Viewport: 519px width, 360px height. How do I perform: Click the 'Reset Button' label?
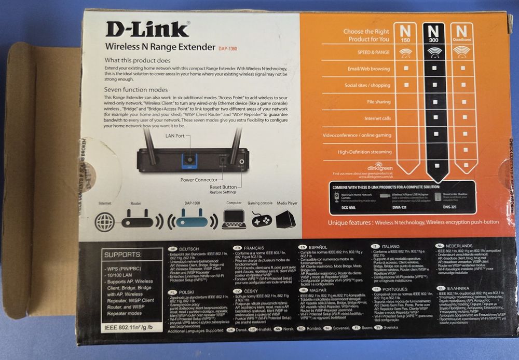[x=223, y=187]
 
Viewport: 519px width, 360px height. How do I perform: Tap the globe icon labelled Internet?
[x=104, y=220]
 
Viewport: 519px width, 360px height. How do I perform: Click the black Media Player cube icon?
[x=285, y=219]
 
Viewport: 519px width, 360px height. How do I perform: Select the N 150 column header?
[x=406, y=32]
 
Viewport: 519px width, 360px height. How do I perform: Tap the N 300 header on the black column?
[x=435, y=32]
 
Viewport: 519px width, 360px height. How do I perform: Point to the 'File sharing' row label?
[x=378, y=102]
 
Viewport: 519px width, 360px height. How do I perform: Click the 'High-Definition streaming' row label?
[x=364, y=152]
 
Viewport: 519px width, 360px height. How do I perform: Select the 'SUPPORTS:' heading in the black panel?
[x=122, y=255]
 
